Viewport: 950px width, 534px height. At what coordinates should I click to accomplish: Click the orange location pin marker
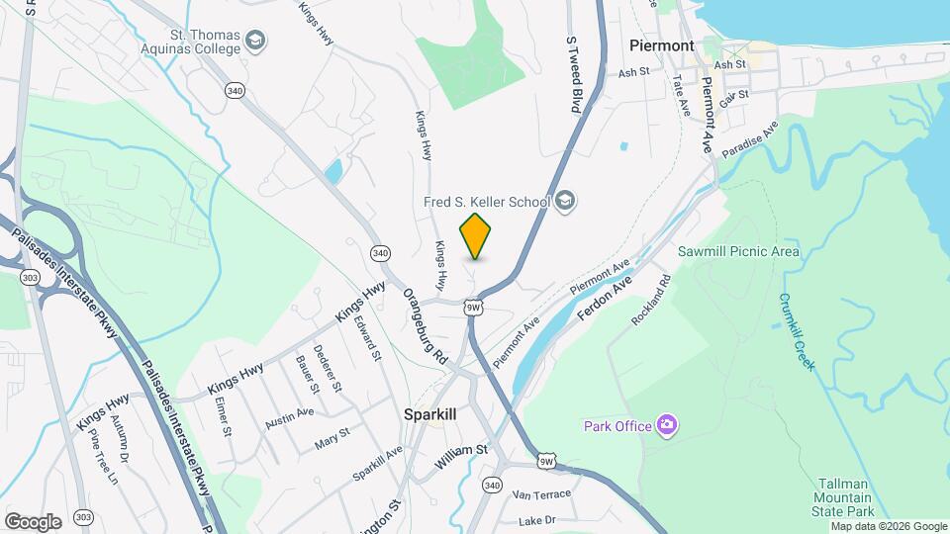[x=475, y=236]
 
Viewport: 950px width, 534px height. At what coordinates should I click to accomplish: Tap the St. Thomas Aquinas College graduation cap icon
[x=255, y=41]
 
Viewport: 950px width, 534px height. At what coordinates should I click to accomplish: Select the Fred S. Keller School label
[x=486, y=202]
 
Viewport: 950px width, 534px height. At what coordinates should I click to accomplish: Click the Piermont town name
[x=662, y=45]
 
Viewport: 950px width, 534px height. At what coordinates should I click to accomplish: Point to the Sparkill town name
[x=430, y=414]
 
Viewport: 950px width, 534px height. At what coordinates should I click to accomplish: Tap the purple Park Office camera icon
[x=667, y=425]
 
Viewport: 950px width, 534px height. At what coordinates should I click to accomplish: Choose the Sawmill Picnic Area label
[x=738, y=251]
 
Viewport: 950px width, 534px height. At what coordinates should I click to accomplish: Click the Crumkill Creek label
[x=796, y=331]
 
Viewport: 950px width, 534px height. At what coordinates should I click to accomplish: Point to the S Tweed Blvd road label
[x=572, y=74]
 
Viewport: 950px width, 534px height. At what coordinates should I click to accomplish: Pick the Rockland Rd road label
[x=652, y=301]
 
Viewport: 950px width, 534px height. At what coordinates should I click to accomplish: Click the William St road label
[x=460, y=450]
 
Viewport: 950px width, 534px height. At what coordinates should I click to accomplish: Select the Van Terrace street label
[x=541, y=492]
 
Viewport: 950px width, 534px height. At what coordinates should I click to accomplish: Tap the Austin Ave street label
[x=290, y=418]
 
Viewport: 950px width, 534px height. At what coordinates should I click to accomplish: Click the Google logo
[x=33, y=522]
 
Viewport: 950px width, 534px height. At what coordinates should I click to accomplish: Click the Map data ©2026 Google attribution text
[x=890, y=526]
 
